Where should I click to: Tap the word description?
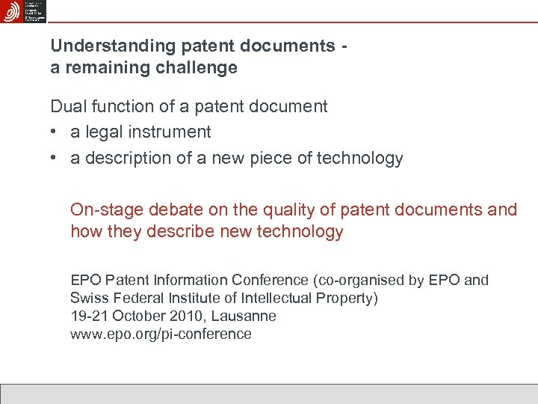[126, 159]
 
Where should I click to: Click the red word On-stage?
[106, 209]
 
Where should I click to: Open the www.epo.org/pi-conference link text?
[161, 334]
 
